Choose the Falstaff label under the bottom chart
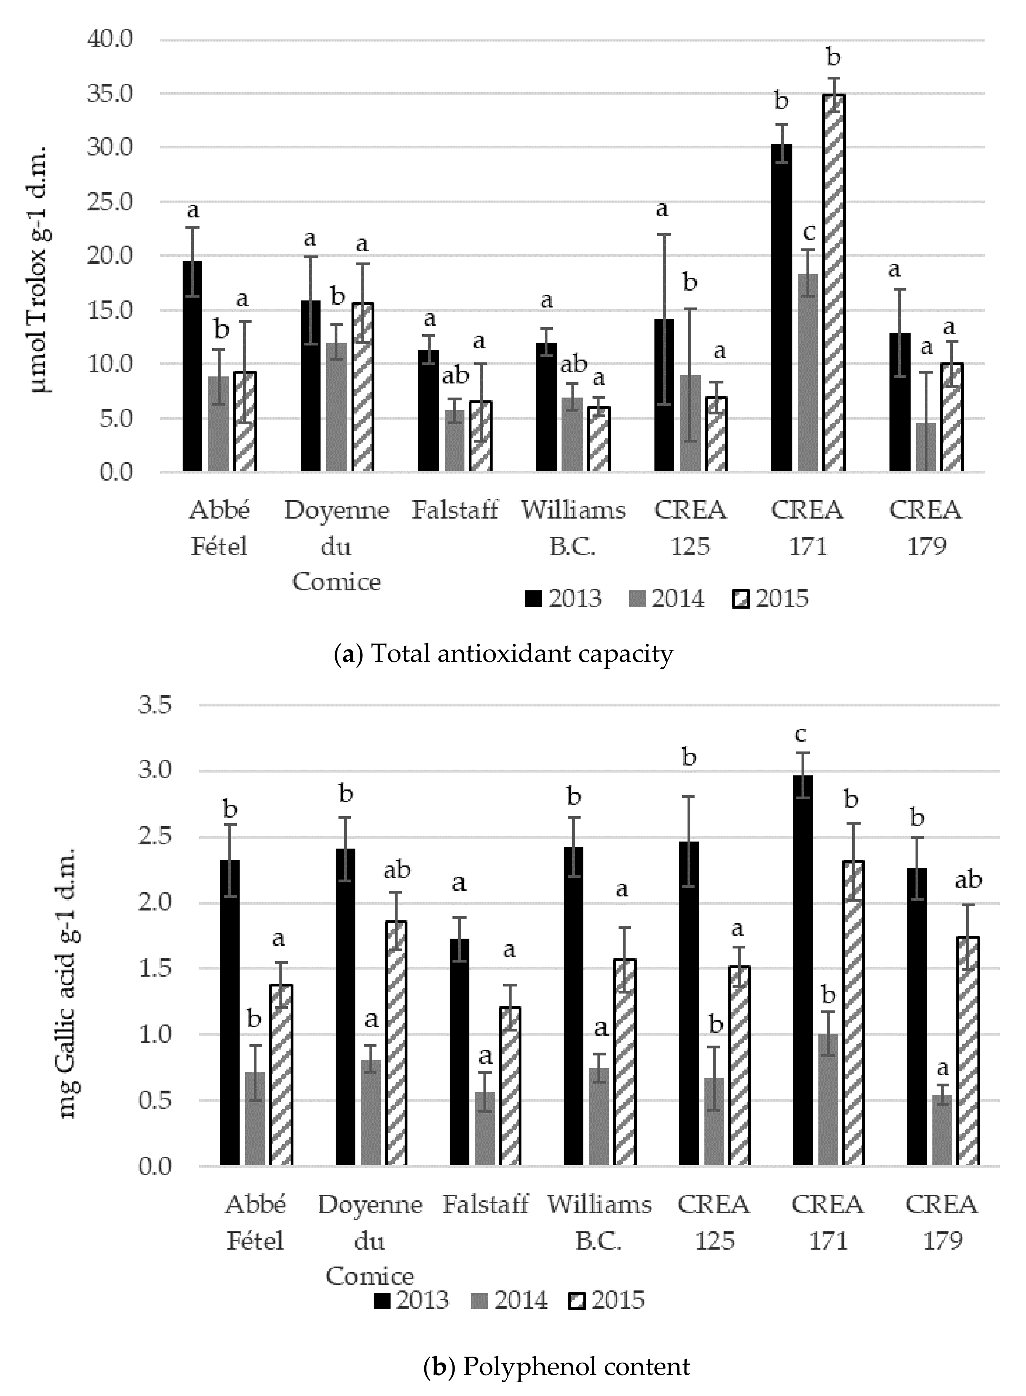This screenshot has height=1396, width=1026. (x=485, y=1204)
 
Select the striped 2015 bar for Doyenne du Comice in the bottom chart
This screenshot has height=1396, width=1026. (x=395, y=1043)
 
